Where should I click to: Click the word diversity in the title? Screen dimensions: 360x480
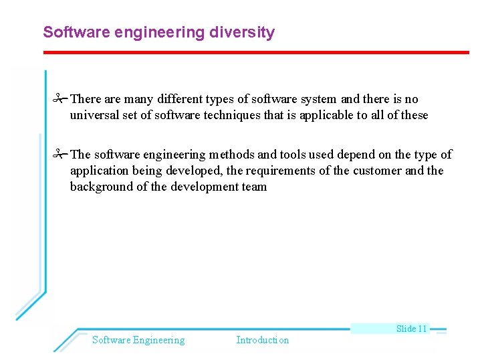click(x=243, y=32)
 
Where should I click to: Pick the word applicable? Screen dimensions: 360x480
click(x=326, y=115)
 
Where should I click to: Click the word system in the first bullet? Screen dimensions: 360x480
click(x=318, y=99)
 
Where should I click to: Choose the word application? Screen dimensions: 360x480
click(x=101, y=171)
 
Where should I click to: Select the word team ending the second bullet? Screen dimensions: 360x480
click(x=253, y=187)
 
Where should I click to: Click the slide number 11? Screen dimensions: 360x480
click(x=421, y=329)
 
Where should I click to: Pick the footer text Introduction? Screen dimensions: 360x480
click(x=263, y=340)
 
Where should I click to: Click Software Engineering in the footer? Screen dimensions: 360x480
click(x=138, y=340)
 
